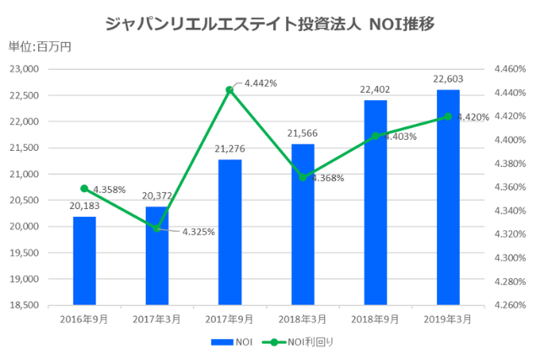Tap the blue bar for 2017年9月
pos(229,231)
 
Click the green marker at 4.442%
pos(229,89)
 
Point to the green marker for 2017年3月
pos(157,228)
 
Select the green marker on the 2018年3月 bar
pos(302,177)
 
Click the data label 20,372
pos(157,196)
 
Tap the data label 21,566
pos(302,134)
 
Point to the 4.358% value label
pos(110,190)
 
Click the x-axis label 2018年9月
pos(375,320)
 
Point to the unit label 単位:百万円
pos(40,47)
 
